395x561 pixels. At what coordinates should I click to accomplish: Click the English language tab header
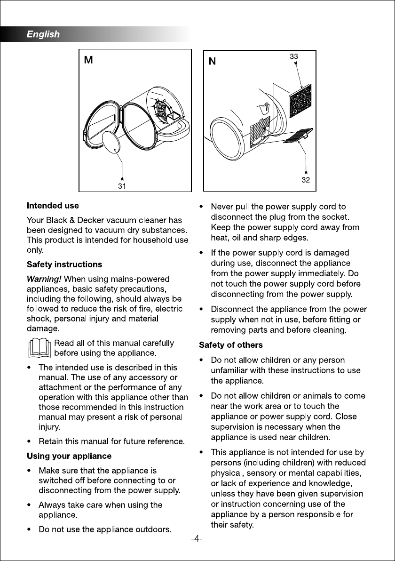[43, 34]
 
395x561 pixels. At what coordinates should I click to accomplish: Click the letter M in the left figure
[88, 61]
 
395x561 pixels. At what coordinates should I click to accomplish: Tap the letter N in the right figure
[213, 62]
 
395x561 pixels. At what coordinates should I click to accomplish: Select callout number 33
[293, 56]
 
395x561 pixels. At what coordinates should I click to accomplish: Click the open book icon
[39, 348]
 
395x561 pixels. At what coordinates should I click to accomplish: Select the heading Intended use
[53, 206]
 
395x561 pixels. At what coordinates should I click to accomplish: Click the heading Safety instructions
[64, 264]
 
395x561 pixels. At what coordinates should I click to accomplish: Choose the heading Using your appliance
[69, 456]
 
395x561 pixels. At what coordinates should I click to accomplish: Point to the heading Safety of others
[231, 345]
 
